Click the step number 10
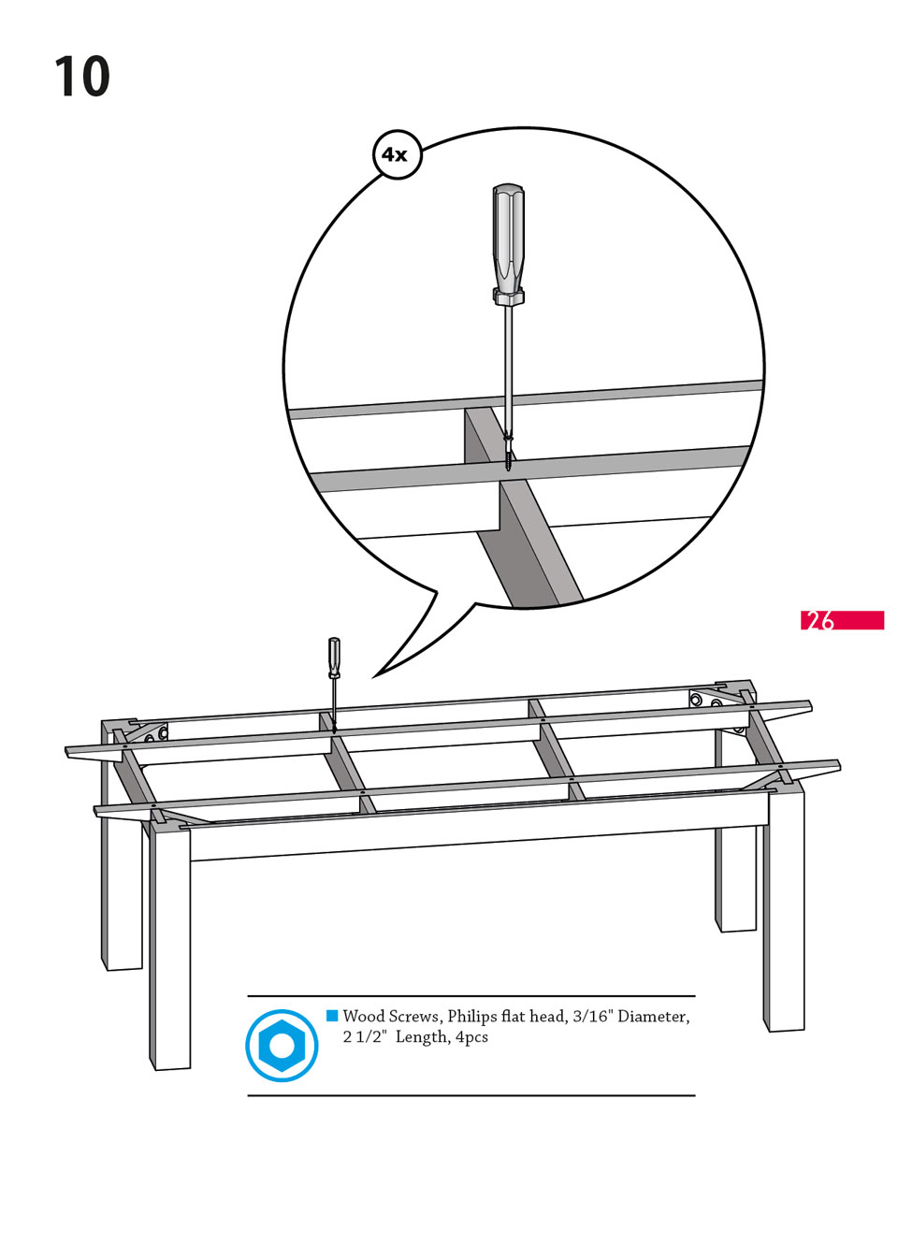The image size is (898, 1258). [82, 77]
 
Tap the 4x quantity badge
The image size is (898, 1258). [397, 154]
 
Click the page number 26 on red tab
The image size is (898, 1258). [821, 620]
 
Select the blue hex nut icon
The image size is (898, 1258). [282, 1046]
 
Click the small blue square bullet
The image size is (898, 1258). [332, 1015]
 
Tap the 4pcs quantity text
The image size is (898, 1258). [471, 1037]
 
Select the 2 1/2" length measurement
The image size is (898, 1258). [365, 1037]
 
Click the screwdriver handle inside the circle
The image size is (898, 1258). [508, 241]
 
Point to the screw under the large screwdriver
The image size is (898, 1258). [508, 451]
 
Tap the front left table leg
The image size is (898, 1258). [171, 945]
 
